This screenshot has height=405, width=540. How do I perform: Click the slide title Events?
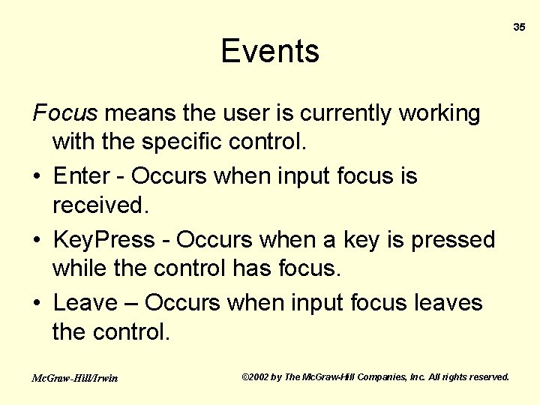tap(270, 51)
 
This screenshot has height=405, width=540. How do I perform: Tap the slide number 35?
tap(519, 27)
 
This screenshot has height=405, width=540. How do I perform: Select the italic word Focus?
tap(65, 113)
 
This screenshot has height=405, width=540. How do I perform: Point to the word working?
tap(439, 113)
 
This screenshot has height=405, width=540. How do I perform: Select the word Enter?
tap(82, 176)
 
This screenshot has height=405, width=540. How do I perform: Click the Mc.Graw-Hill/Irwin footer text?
tap(75, 378)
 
